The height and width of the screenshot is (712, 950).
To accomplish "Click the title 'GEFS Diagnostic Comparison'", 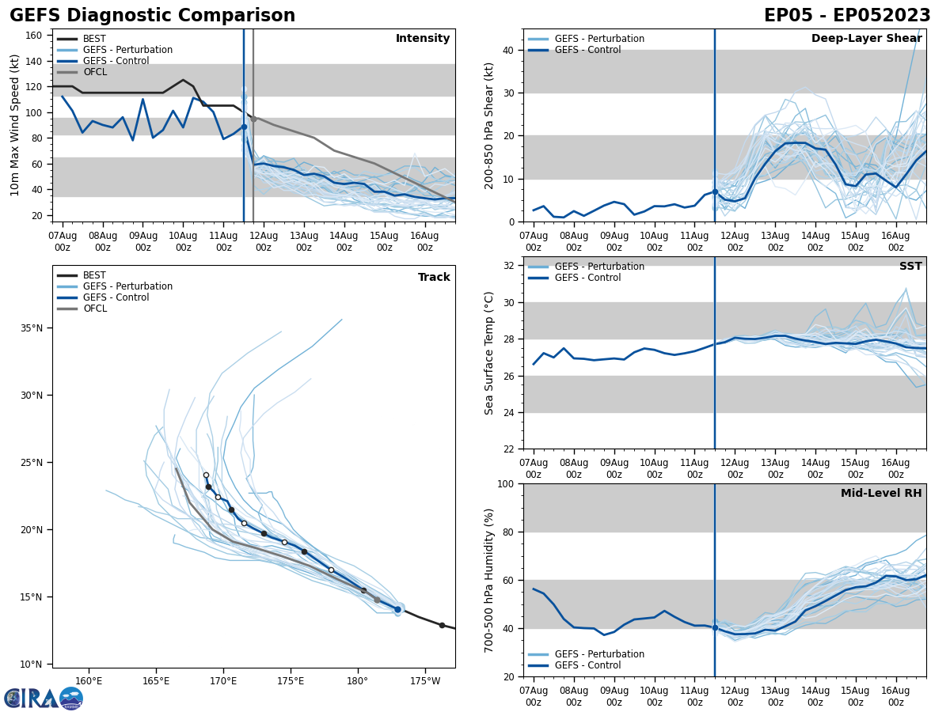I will [152, 16].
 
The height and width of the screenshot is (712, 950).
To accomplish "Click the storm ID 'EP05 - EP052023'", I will [847, 16].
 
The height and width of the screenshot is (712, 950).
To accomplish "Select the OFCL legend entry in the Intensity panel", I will [94, 72].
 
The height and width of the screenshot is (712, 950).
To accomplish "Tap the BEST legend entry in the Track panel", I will [94, 275].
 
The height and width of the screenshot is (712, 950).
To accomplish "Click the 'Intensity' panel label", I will [423, 39].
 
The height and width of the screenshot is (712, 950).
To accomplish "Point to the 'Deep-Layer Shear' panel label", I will [866, 39].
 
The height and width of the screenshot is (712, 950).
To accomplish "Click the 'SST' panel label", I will [910, 267].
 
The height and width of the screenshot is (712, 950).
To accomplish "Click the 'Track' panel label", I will [434, 278].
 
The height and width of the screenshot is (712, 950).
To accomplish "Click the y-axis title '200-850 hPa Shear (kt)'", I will [489, 125].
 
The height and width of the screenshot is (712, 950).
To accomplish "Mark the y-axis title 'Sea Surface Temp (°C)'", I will [489, 353].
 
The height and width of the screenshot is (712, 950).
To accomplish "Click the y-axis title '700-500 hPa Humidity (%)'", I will [489, 580].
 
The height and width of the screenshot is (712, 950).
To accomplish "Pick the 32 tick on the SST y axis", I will [510, 266].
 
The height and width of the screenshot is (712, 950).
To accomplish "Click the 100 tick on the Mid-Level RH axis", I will [507, 484].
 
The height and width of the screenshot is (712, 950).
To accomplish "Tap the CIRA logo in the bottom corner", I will [44, 699].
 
